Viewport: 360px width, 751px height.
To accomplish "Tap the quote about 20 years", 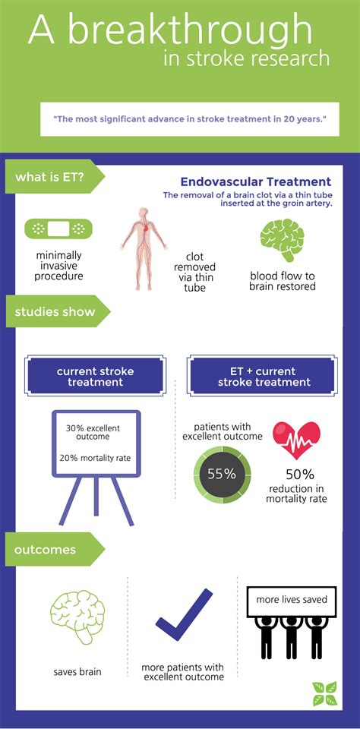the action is coord(190,118).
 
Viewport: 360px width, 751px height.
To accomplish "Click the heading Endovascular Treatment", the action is coord(255,182).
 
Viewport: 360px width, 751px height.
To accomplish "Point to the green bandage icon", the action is coord(58,229).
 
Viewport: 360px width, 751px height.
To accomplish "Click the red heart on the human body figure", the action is coord(146,229).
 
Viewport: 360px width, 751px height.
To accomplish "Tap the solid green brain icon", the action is coord(283,239).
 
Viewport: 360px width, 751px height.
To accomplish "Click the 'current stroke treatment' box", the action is coord(96,377).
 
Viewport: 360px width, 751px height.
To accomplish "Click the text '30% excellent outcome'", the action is coord(93,433).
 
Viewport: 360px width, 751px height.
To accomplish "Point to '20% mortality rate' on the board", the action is coord(95,458).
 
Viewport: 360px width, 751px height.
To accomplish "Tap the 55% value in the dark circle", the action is coord(222,474).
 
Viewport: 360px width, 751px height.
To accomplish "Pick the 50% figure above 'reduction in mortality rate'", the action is coord(299,475).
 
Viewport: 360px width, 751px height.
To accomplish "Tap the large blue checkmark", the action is coord(184,615).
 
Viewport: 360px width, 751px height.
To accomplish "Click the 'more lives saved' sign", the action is coord(292,600).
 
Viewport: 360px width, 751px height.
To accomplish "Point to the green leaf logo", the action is coord(324,693).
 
